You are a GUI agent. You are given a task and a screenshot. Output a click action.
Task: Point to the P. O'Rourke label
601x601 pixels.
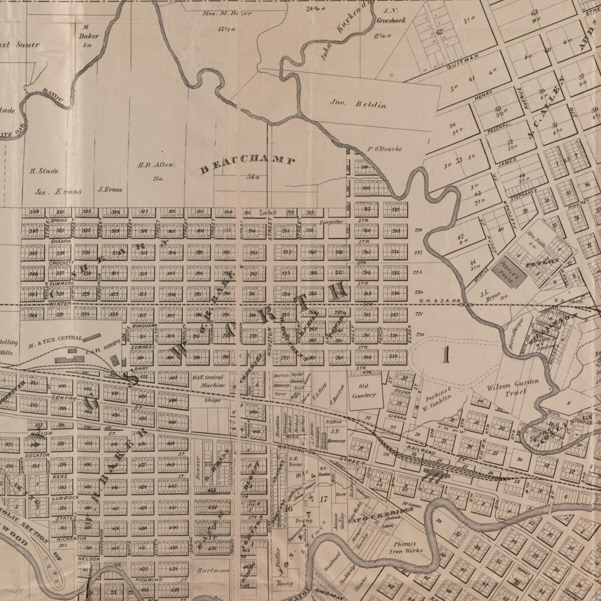coord(384,149)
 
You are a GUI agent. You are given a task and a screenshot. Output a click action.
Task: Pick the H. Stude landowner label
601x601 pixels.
coord(44,171)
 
